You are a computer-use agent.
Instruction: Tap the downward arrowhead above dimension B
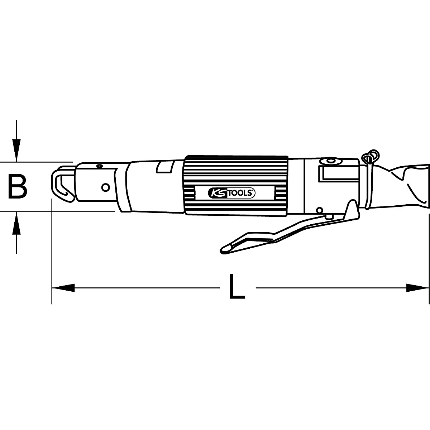pyautogui.click(x=16, y=152)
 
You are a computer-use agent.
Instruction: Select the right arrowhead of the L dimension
pyautogui.click(x=417, y=287)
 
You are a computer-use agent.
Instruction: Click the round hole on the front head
pyautogui.click(x=105, y=187)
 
